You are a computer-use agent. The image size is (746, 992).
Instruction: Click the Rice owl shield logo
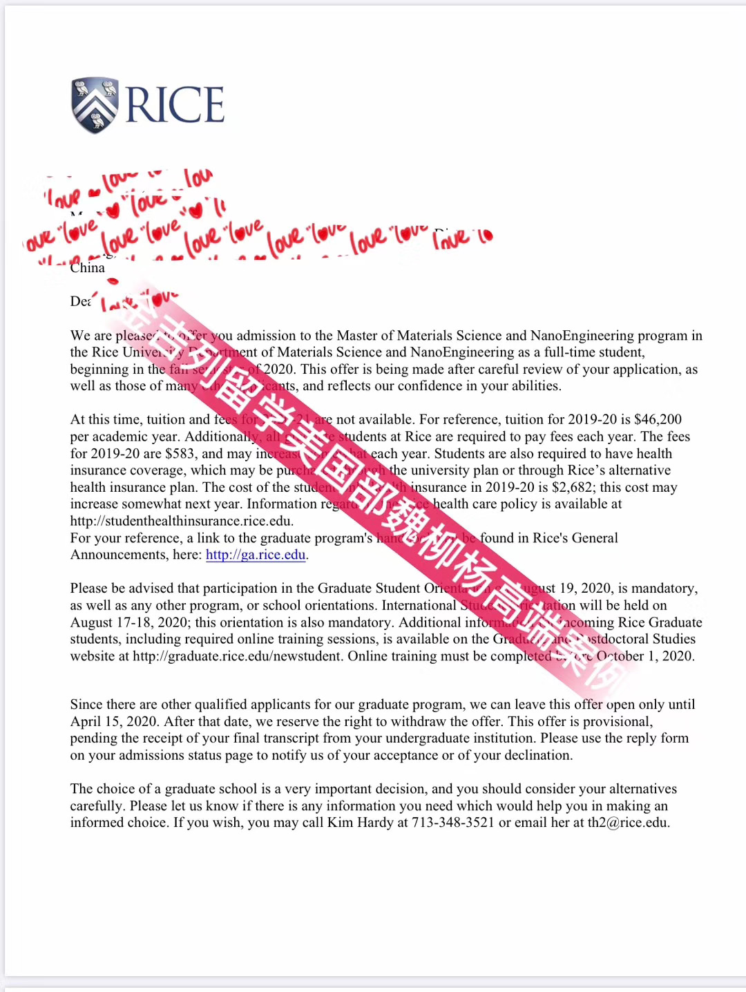coord(96,104)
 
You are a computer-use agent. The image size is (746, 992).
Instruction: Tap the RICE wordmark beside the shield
coord(175,105)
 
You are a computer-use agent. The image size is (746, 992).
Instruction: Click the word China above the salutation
coord(88,268)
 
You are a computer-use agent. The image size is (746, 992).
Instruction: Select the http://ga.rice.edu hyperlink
coord(256,555)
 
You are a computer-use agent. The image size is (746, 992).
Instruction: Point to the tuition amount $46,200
coord(658,419)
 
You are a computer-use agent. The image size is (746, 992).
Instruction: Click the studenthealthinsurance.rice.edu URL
coord(182,521)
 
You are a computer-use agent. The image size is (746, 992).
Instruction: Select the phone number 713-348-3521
coord(453,823)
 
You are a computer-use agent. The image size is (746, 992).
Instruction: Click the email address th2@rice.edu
coord(628,823)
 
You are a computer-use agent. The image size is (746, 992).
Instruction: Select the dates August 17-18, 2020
coord(130,622)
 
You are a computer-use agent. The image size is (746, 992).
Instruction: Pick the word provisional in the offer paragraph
coord(618,722)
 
